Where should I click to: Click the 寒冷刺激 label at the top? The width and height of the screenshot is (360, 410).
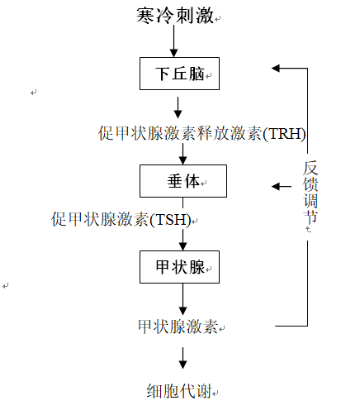[x=175, y=16]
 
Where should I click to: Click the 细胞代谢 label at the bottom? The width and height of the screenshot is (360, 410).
[x=179, y=391]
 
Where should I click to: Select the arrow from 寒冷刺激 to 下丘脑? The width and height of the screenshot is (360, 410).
[x=173, y=41]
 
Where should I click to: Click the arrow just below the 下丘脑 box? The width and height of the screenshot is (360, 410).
[x=178, y=107]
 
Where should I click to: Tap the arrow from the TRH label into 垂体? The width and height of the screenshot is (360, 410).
[x=183, y=154]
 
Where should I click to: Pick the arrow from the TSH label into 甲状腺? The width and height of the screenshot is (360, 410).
[x=183, y=240]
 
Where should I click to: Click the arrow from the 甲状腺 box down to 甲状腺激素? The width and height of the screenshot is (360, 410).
[x=183, y=299]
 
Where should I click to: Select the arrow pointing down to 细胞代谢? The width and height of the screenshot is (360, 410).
[x=183, y=358]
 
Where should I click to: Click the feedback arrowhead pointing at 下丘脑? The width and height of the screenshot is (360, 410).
[x=276, y=68]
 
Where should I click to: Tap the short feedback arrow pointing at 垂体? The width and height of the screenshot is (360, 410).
[x=282, y=187]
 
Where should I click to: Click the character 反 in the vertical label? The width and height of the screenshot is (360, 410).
[x=310, y=168]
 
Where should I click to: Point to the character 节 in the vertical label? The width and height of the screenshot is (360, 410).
[x=310, y=217]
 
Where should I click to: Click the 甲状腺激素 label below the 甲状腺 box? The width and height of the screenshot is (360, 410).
[x=178, y=327]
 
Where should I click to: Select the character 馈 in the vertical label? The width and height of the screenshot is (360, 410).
[x=310, y=184]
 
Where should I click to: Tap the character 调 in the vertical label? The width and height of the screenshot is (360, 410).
[x=310, y=201]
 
